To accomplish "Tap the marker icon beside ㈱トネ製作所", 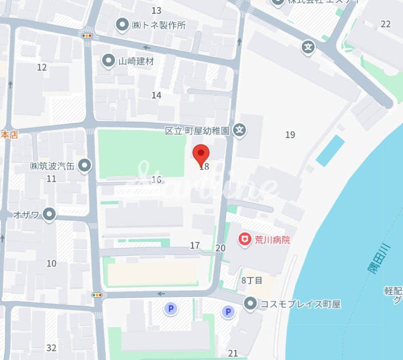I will click(x=122, y=24).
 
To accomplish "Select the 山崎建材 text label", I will click(x=136, y=61).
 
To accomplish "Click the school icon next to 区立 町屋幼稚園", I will click(x=239, y=130).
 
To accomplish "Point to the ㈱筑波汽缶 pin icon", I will click(x=85, y=165).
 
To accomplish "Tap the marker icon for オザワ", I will click(x=49, y=214).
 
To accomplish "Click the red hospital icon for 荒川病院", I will click(x=245, y=239).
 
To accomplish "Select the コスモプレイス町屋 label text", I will click(x=300, y=304).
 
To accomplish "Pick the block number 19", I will click(x=290, y=135).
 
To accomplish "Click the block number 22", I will click(x=386, y=24).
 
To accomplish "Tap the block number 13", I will click(x=156, y=11).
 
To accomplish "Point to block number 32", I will click(x=51, y=348).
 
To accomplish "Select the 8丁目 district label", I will click(x=252, y=280).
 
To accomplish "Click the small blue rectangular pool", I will click(x=330, y=150).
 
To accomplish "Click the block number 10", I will click(x=51, y=263).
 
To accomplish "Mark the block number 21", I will click(x=233, y=353).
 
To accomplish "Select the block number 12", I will click(x=42, y=67).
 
